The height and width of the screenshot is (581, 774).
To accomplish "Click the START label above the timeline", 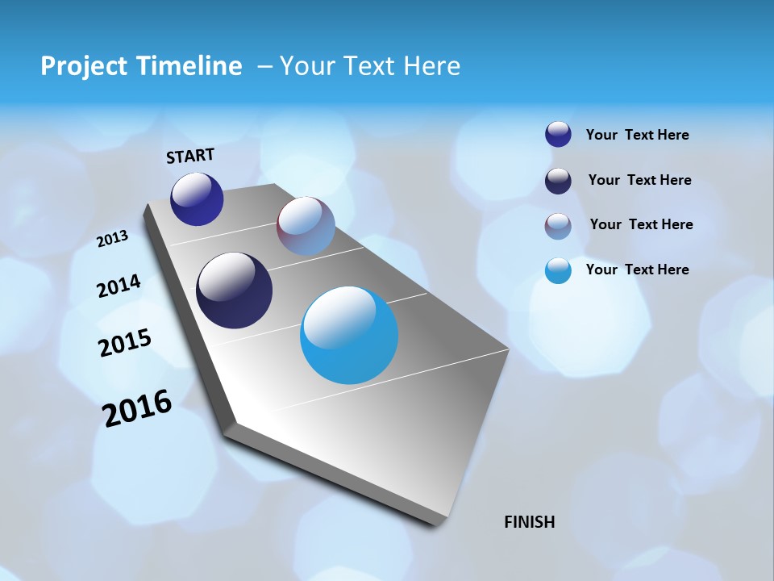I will tap(190, 156).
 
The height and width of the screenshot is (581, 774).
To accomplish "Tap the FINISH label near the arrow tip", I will tap(529, 522).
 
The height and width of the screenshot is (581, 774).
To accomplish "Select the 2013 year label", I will tap(113, 239).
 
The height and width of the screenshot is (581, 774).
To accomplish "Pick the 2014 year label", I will tap(119, 286).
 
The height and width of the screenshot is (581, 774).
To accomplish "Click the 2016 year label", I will tap(137, 408).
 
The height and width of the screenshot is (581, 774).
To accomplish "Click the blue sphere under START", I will tap(197, 199).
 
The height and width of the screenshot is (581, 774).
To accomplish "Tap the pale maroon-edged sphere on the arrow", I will tap(306, 226).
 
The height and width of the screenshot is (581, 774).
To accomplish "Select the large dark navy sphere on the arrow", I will tap(235, 290).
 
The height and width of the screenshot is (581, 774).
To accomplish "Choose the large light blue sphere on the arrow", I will tap(349, 335).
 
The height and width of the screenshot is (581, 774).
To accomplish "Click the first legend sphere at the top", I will tap(558, 135).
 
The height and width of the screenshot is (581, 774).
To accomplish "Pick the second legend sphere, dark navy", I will tap(558, 181).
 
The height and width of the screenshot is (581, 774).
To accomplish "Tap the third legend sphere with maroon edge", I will tap(558, 226).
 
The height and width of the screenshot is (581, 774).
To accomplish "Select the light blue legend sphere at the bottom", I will tap(558, 270).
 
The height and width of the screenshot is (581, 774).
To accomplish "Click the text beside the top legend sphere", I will tap(637, 135).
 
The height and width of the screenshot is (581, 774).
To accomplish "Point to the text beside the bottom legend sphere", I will tap(637, 270).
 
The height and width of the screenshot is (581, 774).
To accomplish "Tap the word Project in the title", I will tap(82, 66).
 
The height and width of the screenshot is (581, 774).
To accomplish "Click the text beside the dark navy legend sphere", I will tap(639, 180).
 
